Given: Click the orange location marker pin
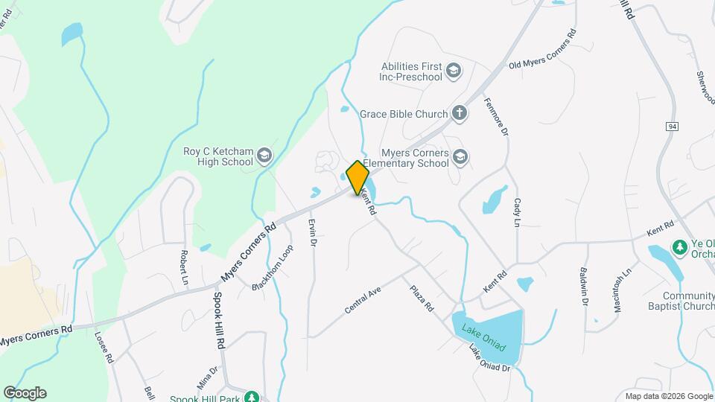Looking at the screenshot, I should [x=357, y=177].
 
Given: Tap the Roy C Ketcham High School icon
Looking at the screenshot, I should [x=264, y=156].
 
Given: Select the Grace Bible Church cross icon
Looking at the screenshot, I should [x=460, y=114].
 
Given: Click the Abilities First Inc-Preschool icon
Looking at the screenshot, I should [x=453, y=71].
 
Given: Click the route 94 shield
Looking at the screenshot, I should [x=672, y=127].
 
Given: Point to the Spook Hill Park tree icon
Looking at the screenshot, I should [x=253, y=398].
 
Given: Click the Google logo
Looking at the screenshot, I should [x=25, y=393].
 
